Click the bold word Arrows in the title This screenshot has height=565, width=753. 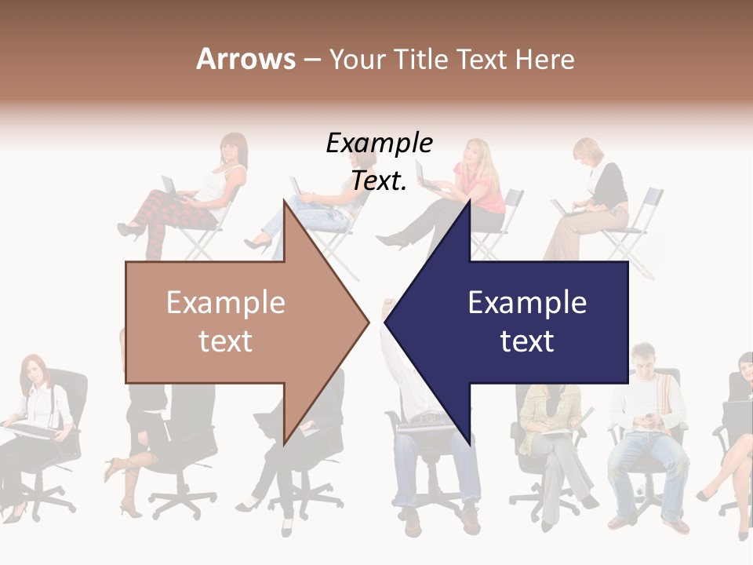tap(246, 59)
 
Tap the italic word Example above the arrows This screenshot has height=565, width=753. tap(379, 144)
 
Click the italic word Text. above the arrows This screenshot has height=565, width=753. tap(379, 180)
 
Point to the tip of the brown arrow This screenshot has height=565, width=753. tap(369, 320)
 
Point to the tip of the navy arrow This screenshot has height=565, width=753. tap(385, 320)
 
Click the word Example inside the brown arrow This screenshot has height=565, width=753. tap(225, 303)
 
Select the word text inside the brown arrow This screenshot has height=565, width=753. tap(225, 341)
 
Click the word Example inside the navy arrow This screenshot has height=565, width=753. tap(527, 303)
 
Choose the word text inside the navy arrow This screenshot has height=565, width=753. tap(527, 341)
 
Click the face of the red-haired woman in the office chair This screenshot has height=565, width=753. tap(34, 371)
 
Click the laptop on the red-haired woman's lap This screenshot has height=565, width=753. tap(31, 428)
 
